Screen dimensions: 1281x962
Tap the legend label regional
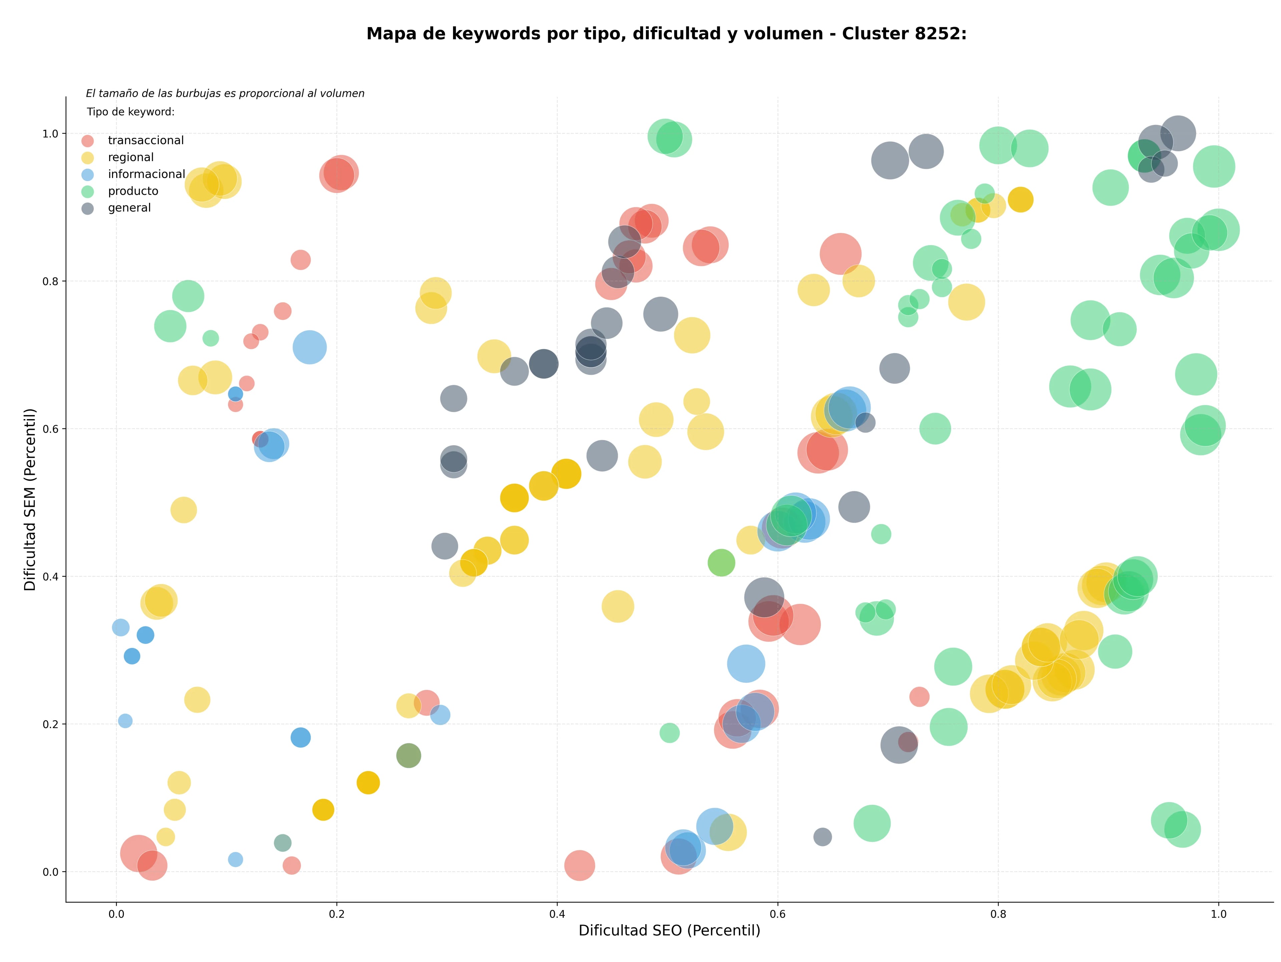131,157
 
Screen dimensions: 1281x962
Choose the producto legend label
133,191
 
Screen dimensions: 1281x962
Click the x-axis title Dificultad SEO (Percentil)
670,930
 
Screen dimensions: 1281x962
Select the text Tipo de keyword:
131,112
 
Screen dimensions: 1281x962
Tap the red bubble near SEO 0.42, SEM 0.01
579,865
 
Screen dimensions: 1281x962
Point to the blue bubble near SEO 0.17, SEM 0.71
309,347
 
